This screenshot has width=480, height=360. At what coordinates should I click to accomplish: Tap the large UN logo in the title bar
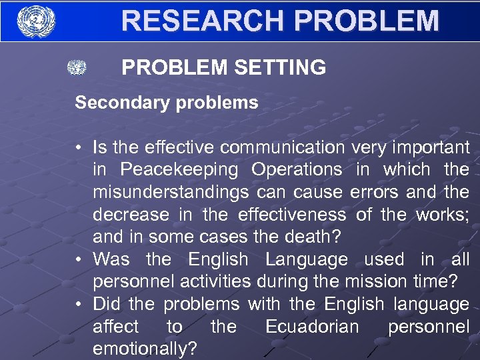[36, 21]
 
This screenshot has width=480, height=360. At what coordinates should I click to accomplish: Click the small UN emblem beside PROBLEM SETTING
[77, 68]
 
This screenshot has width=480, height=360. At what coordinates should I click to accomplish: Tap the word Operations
[297, 169]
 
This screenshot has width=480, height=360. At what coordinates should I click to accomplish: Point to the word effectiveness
[291, 215]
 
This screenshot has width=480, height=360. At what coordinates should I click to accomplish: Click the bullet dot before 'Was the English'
[79, 259]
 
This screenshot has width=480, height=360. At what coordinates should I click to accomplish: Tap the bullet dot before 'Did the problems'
[79, 305]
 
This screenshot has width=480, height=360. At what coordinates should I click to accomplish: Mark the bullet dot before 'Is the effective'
[79, 147]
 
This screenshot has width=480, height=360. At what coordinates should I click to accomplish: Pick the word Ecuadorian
[312, 327]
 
